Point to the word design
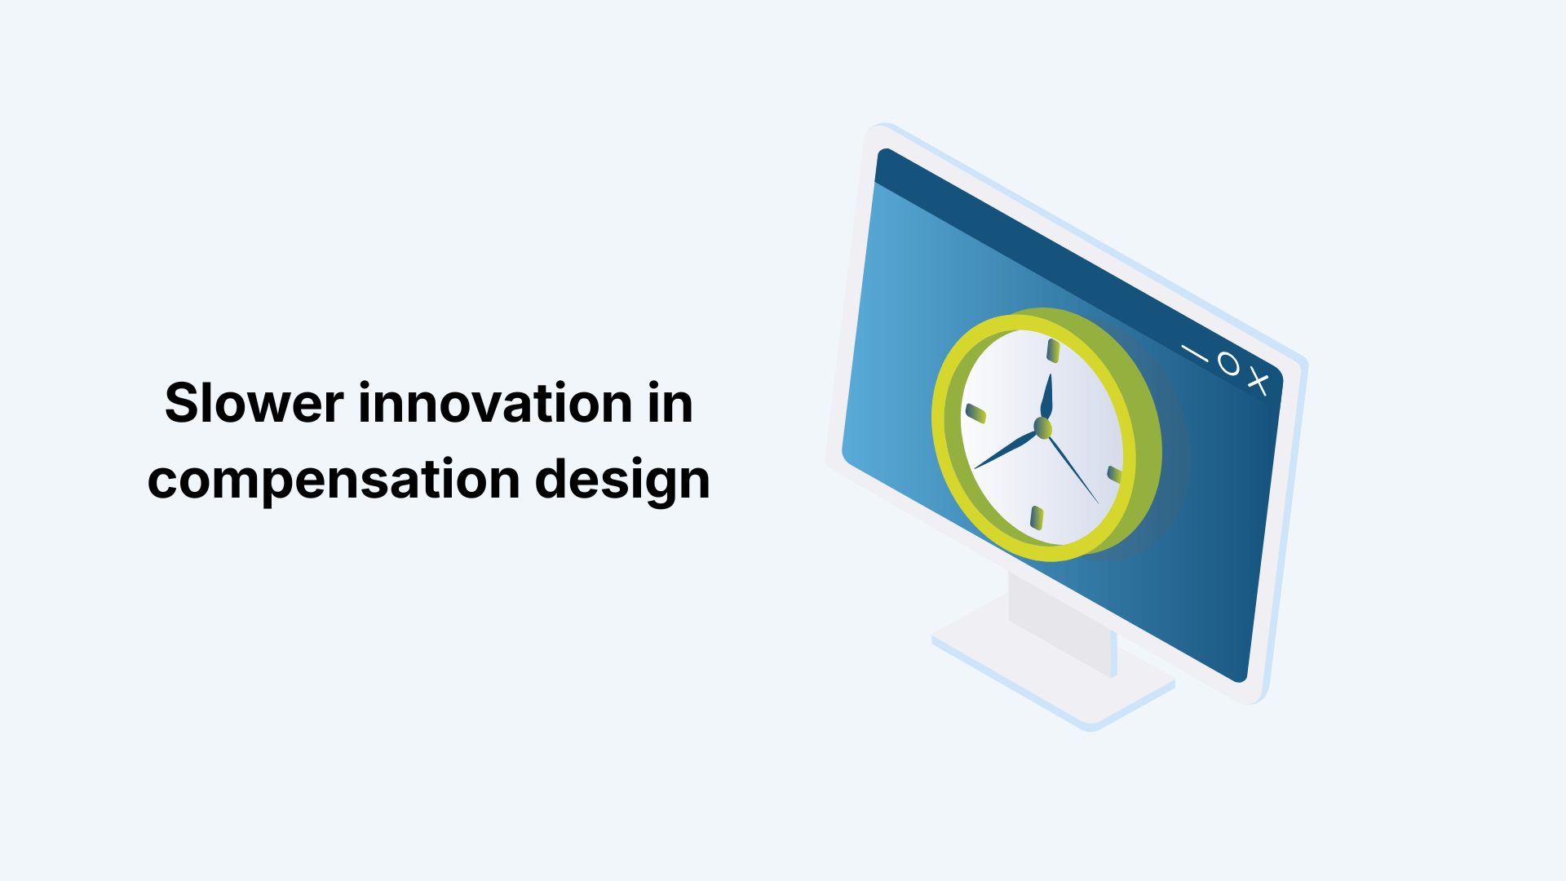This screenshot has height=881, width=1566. tap(622, 480)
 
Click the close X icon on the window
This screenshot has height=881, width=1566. tap(1259, 381)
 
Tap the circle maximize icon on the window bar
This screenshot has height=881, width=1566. tap(1228, 364)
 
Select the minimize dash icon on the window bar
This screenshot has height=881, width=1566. tap(1195, 352)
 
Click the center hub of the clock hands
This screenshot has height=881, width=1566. tap(1042, 427)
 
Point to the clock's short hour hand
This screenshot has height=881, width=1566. tap(1047, 397)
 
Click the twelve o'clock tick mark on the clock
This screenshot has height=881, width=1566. tap(1053, 351)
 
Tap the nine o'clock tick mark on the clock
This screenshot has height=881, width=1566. tap(975, 413)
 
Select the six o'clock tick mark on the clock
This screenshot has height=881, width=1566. tap(1037, 517)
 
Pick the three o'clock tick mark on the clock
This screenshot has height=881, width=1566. tap(1113, 474)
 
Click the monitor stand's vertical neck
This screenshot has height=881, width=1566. tap(1060, 624)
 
